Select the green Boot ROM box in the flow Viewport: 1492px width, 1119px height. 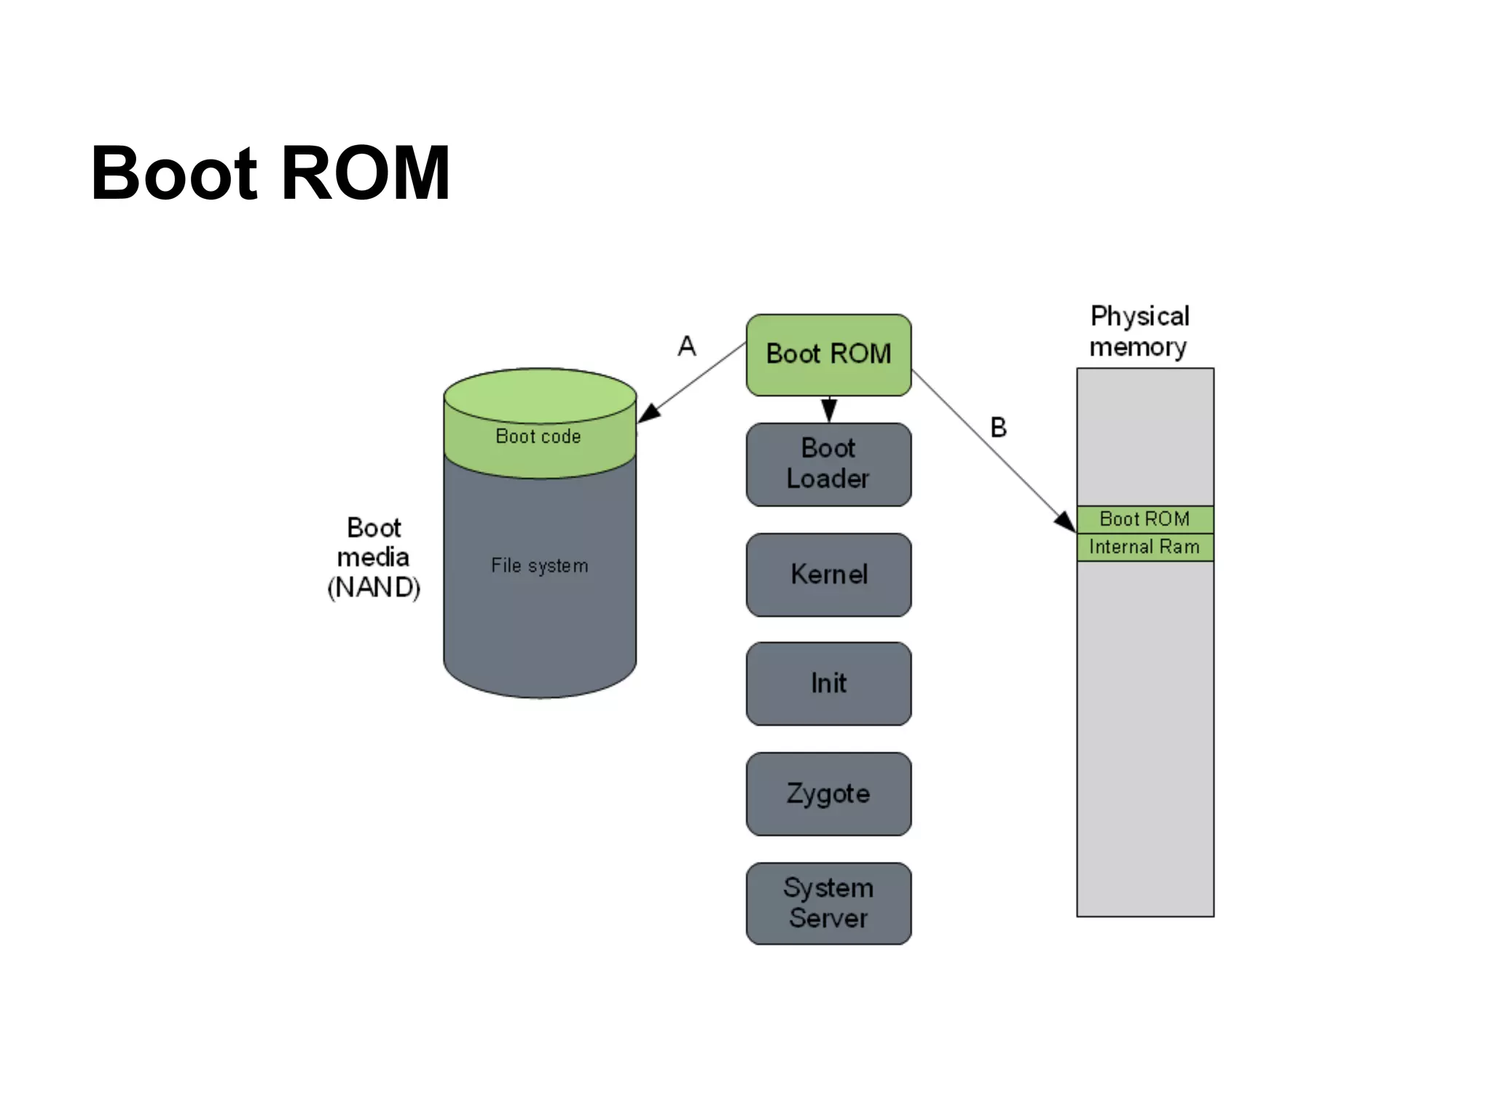click(x=828, y=354)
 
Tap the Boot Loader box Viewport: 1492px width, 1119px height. click(x=828, y=464)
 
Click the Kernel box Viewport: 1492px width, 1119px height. click(x=828, y=575)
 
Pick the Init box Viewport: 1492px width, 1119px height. click(x=828, y=683)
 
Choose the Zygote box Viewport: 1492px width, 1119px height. click(x=828, y=793)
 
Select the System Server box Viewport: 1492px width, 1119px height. click(x=828, y=903)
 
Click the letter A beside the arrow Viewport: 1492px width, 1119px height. click(x=686, y=346)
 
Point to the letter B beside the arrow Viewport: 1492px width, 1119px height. click(x=998, y=428)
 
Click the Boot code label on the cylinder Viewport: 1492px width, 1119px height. click(x=538, y=436)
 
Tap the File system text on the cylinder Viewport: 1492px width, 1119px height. click(x=539, y=565)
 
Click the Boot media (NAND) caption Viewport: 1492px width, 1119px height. click(x=374, y=557)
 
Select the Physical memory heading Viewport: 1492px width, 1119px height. click(x=1139, y=331)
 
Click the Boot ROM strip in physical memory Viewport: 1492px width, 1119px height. click(x=1144, y=519)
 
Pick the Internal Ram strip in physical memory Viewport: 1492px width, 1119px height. click(x=1144, y=547)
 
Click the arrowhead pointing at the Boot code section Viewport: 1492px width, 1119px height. click(x=648, y=413)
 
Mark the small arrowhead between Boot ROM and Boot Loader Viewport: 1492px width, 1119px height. click(x=829, y=409)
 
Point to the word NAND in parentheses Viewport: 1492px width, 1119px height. click(x=374, y=587)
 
